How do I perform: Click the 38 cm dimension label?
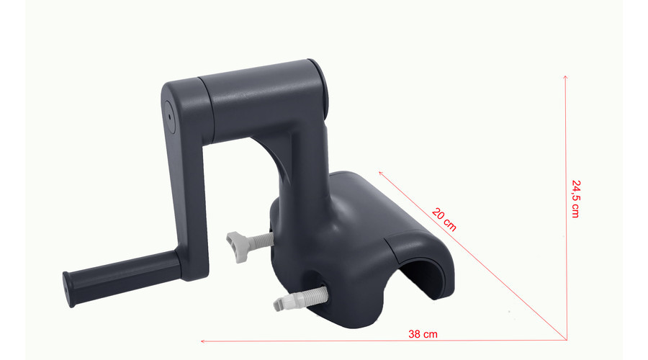423,334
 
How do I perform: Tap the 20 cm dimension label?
444,219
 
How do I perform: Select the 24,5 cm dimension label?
576,199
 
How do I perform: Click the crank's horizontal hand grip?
122,277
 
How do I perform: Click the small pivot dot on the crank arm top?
169,117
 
